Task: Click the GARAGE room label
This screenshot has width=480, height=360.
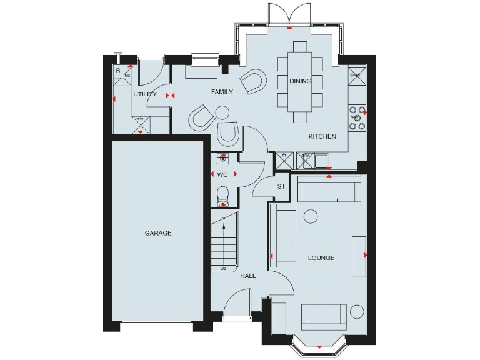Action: (158, 233)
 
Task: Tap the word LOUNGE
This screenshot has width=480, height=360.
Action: (321, 257)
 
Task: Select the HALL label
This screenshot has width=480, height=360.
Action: (248, 276)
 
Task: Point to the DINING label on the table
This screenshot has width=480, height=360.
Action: (300, 81)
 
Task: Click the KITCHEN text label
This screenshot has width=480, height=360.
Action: (322, 136)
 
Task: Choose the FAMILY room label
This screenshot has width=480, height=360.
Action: (222, 92)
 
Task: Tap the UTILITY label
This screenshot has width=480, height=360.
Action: (144, 94)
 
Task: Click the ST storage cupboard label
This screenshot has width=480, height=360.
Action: (281, 186)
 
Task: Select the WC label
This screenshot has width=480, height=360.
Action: (222, 174)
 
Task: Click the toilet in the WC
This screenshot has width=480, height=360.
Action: (223, 199)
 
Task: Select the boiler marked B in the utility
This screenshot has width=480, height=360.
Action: (118, 71)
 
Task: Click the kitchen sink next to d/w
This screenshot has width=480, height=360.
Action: (322, 161)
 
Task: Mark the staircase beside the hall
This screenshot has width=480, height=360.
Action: (225, 241)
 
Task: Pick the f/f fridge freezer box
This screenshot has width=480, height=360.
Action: (284, 161)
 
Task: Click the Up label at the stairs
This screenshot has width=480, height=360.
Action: (224, 269)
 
